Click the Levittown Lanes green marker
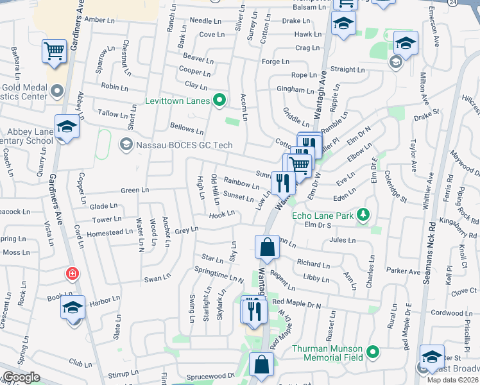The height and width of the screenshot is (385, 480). tap(219, 100)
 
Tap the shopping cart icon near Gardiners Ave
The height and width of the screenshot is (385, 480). tap(55, 51)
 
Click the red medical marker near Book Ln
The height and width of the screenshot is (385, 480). tap(73, 274)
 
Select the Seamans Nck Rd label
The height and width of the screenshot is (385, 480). tap(431, 253)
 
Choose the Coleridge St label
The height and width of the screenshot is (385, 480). tap(395, 186)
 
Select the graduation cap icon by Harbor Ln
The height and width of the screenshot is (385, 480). tap(73, 308)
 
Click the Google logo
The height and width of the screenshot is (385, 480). tap(21, 377)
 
